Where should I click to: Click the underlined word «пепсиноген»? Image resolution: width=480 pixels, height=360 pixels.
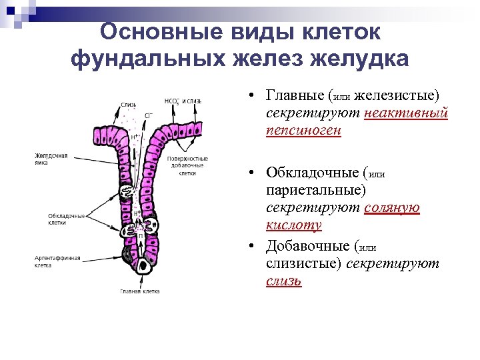click(x=303, y=130)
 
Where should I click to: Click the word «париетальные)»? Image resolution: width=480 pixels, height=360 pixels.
click(x=316, y=191)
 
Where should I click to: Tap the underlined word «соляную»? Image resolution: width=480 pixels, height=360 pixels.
click(x=392, y=207)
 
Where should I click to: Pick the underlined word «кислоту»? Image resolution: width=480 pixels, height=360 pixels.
click(x=293, y=225)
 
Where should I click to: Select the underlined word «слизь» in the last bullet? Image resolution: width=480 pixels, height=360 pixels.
click(x=283, y=281)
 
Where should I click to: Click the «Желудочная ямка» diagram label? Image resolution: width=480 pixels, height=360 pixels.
click(x=51, y=159)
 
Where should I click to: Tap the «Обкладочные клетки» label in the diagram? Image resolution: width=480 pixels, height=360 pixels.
click(x=66, y=219)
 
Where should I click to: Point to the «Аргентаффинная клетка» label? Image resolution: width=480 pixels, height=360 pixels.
click(x=58, y=261)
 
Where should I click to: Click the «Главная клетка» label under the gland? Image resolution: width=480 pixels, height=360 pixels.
click(x=140, y=291)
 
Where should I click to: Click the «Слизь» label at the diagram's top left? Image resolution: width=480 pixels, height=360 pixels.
click(x=129, y=104)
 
